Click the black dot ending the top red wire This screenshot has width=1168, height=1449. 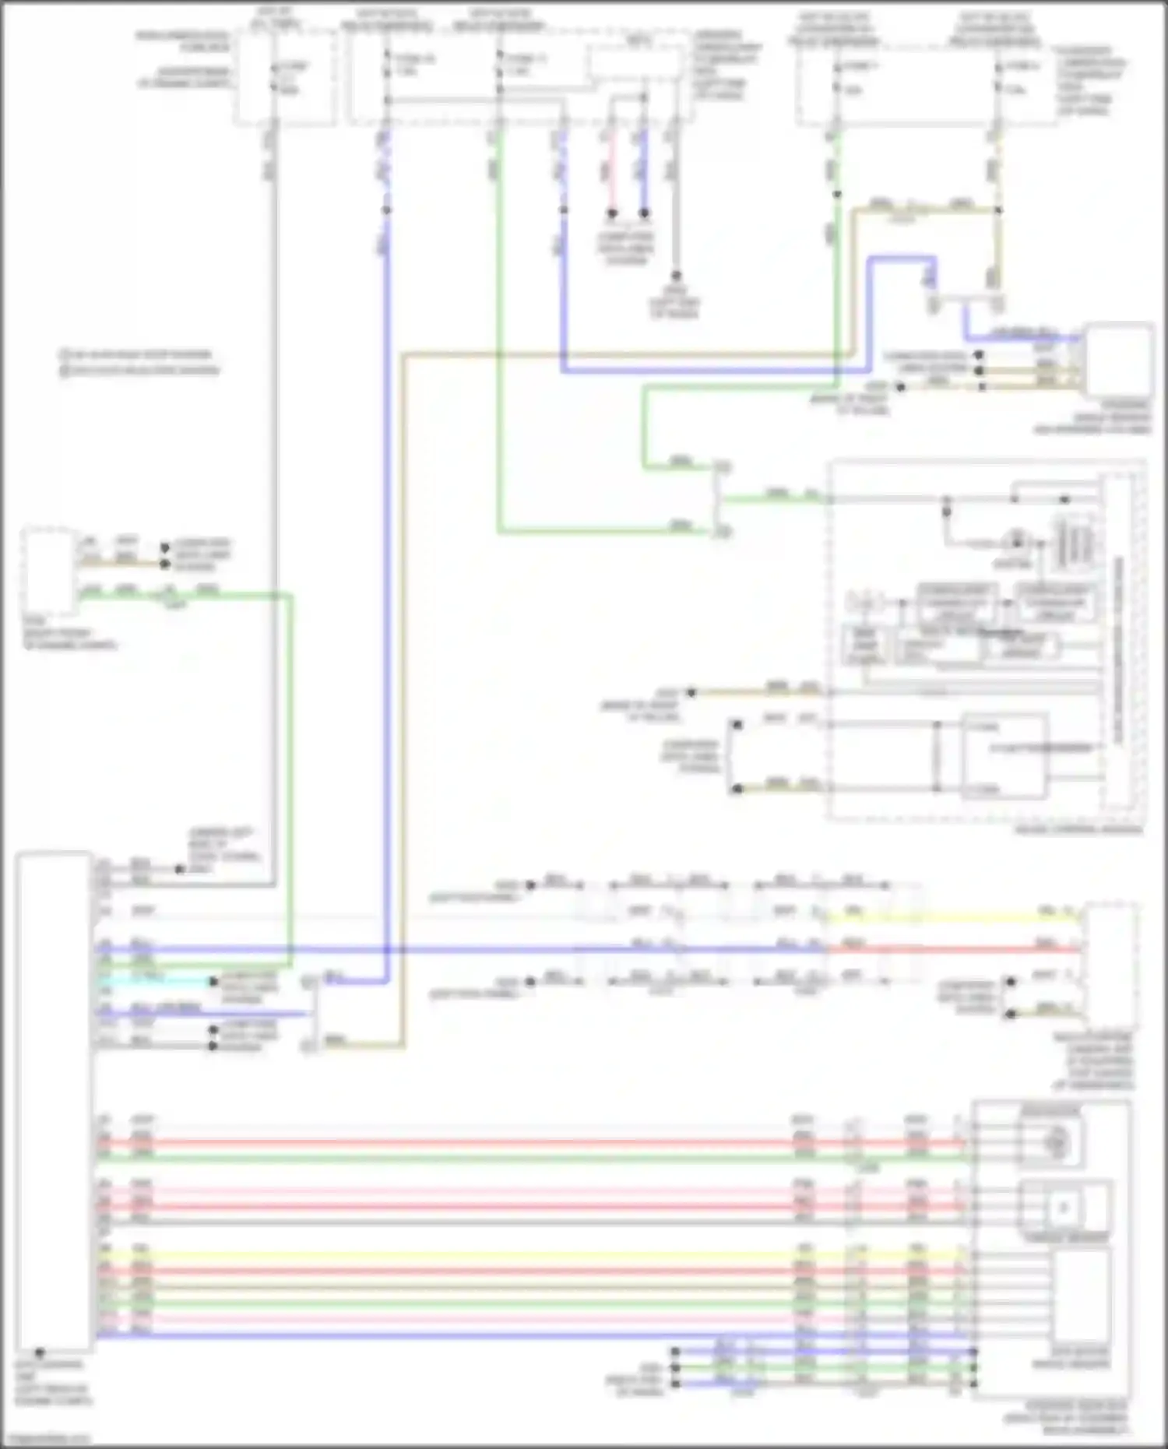[x=612, y=213]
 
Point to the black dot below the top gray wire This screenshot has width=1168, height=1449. [x=676, y=276]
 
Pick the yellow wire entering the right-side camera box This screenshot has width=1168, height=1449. [x=950, y=918]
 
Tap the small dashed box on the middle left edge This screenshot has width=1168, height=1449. [x=48, y=572]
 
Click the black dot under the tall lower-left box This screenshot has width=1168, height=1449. [x=39, y=1352]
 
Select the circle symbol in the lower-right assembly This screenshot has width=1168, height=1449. [x=1056, y=1142]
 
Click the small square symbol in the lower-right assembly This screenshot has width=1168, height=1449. [x=1064, y=1208]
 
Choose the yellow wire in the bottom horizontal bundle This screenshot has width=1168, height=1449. [x=467, y=1256]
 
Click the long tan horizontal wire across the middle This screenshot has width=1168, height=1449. [x=623, y=355]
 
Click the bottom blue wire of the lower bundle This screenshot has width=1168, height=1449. [x=467, y=1335]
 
